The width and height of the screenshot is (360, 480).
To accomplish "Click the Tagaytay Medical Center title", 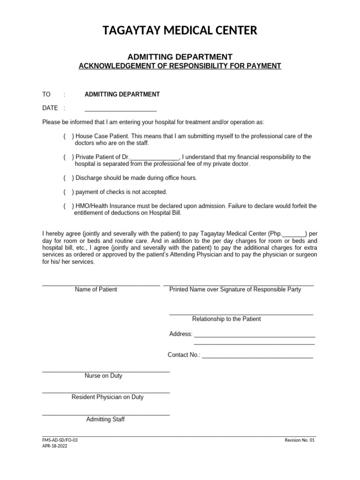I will [180, 31].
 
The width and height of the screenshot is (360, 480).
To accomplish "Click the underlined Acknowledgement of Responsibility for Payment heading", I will [180, 66].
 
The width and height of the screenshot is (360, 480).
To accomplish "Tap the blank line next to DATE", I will [120, 110].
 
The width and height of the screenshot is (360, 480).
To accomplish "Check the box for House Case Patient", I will [68, 136].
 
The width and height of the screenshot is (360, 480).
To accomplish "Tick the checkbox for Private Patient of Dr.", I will [68, 157].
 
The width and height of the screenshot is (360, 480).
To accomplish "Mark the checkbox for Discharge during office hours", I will [68, 178].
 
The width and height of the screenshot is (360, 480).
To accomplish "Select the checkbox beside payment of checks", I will [68, 192].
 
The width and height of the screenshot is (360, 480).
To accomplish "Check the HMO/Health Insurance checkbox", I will [68, 206].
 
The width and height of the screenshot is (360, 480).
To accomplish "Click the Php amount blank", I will [294, 234].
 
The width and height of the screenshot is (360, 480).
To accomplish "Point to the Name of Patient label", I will [96, 289].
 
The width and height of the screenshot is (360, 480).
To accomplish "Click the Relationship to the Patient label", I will [226, 319].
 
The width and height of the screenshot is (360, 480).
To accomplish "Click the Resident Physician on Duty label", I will [107, 397].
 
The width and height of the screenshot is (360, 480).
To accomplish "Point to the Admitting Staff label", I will [105, 420].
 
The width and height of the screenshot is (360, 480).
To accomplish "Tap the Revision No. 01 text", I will [300, 441].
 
